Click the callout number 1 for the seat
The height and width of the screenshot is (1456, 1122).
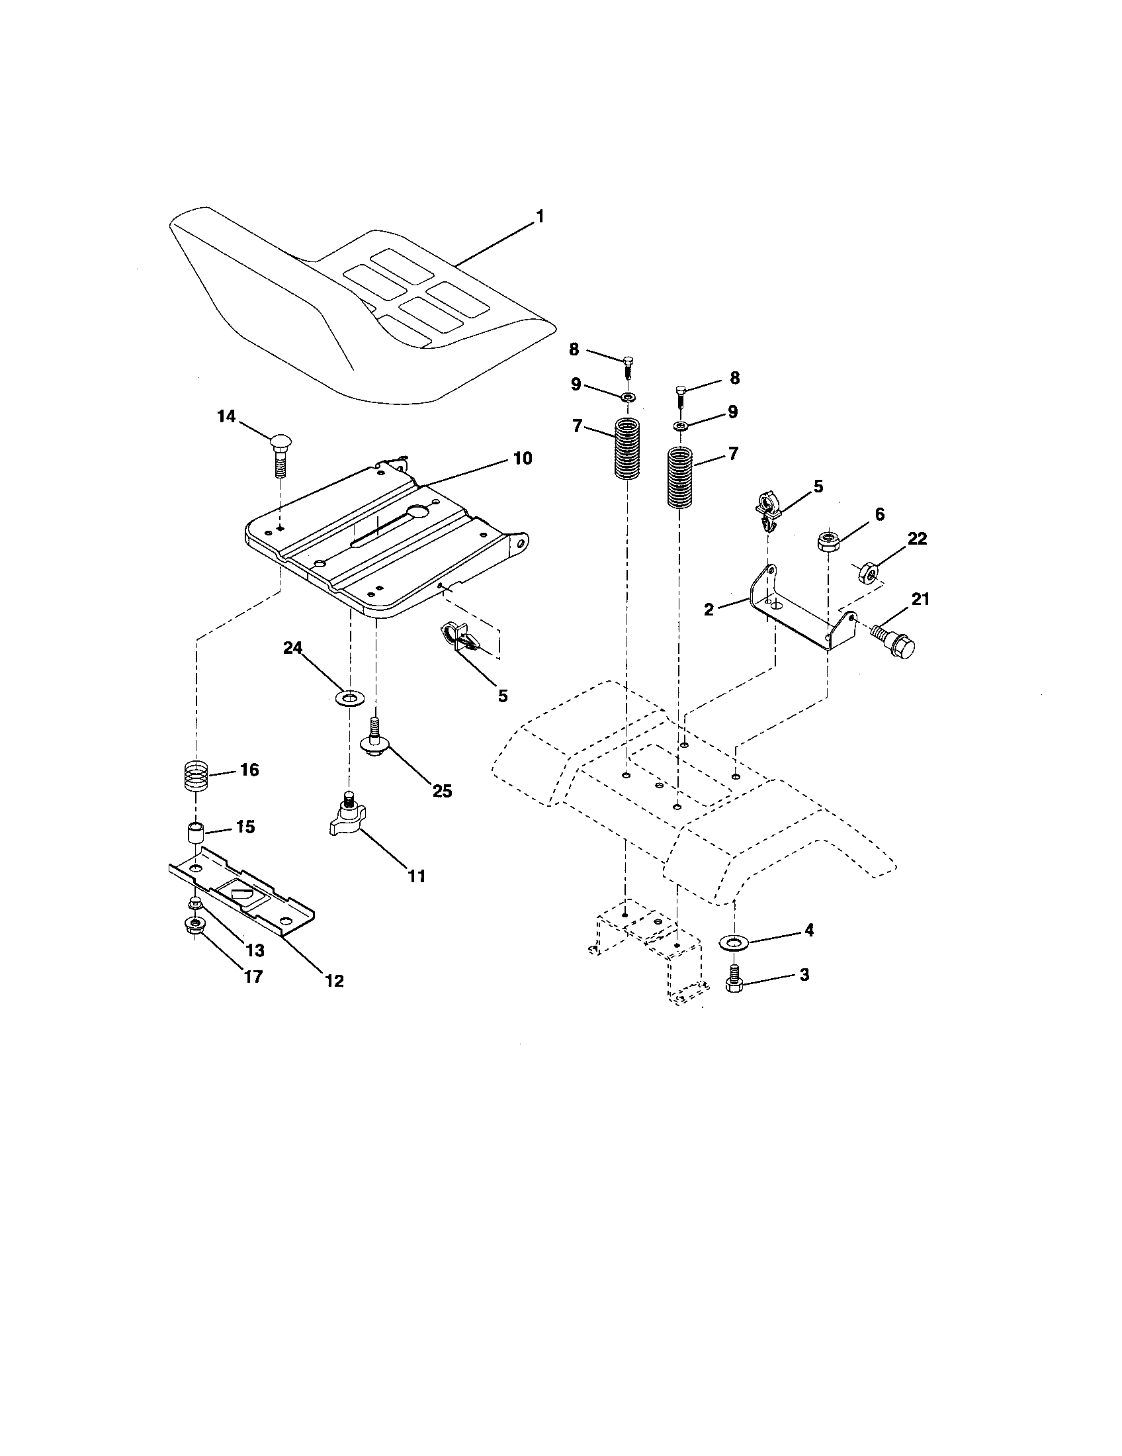point(540,216)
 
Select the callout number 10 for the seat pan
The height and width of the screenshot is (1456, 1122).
point(523,459)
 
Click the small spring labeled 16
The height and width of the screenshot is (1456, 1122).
point(196,777)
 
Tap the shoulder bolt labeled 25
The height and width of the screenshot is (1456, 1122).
point(376,740)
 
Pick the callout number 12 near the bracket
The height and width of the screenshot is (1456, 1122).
point(334,981)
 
